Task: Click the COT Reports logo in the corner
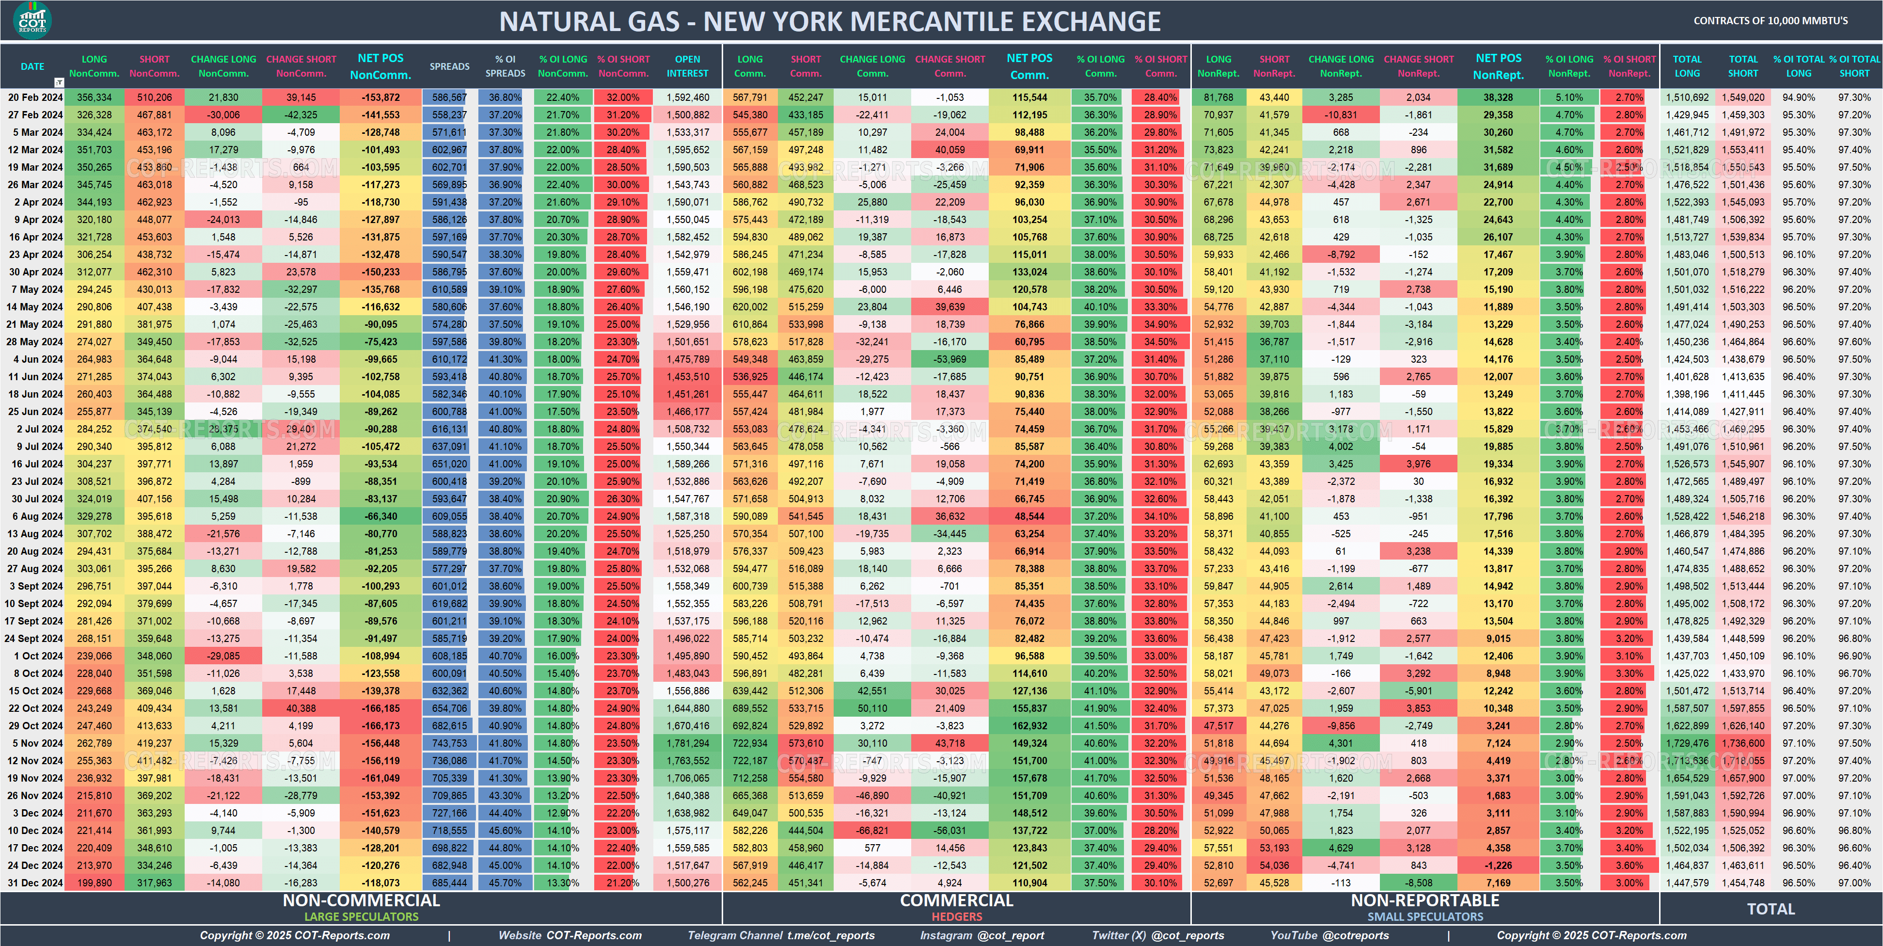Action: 32,20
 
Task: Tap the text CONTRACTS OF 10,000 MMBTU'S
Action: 1771,20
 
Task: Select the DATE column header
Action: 32,66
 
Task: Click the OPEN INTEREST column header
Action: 687,66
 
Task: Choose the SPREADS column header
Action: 450,66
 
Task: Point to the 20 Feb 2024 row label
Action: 34,97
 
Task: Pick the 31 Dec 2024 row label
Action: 34,883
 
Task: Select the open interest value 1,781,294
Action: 688,743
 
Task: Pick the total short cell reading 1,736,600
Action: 1743,743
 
